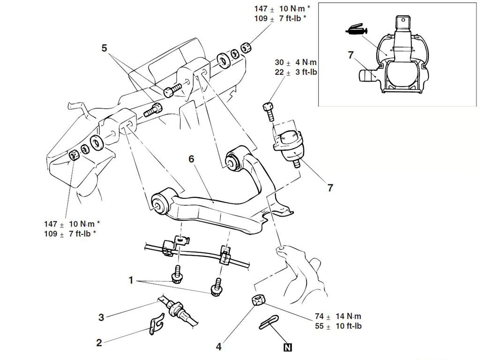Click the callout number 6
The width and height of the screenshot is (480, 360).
pyautogui.click(x=191, y=159)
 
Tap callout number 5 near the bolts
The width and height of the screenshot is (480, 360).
pyautogui.click(x=104, y=48)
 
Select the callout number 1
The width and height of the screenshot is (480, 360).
pyautogui.click(x=131, y=280)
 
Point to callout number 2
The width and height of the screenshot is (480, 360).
pyautogui.click(x=99, y=343)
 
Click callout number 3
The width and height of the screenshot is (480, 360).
pyautogui.click(x=101, y=317)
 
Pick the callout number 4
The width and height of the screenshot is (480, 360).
pyautogui.click(x=219, y=347)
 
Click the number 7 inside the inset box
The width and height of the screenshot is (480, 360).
pyautogui.click(x=351, y=55)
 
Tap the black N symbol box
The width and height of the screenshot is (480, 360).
pyautogui.click(x=288, y=347)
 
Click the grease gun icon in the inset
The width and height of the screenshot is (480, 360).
pyautogui.click(x=356, y=31)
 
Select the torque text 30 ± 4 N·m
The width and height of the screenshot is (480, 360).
pyautogui.click(x=295, y=62)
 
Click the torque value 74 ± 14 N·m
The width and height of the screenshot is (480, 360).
pyautogui.click(x=338, y=316)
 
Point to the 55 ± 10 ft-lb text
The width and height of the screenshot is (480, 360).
pyautogui.click(x=338, y=326)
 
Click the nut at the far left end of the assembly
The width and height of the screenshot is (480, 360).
pyautogui.click(x=73, y=155)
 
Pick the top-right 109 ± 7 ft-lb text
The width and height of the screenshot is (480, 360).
pyautogui.click(x=280, y=18)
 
